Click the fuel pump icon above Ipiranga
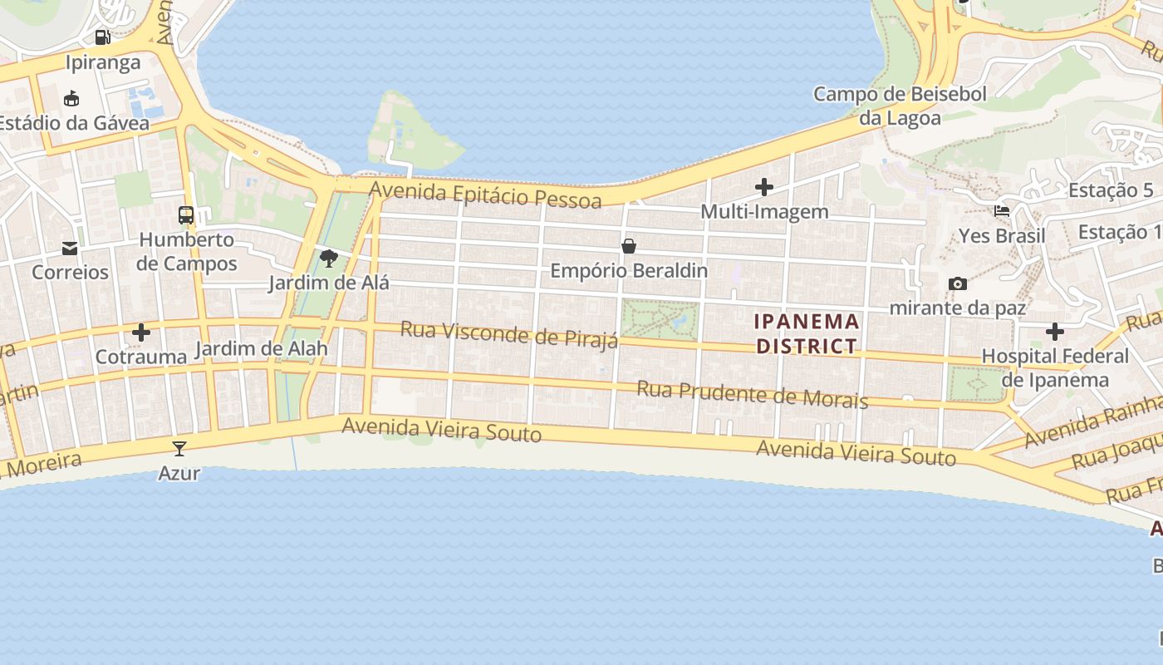pos(103,37)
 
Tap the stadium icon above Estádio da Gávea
pos(71,98)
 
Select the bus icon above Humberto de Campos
pos(186,215)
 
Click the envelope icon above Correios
pos(70,248)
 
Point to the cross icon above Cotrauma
pos(141,332)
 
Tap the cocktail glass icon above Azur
pos(179,449)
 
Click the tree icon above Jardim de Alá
pos(329,258)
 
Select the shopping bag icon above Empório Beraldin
pos(629,246)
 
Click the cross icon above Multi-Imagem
pos(764,187)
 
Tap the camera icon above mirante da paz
pos(957,283)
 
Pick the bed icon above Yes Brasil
pos(1002,211)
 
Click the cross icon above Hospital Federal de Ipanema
pos(1055,332)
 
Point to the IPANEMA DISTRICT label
pos(807,333)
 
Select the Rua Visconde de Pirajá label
pos(509,334)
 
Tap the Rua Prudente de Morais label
pos(752,394)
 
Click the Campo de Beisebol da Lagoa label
pos(900,106)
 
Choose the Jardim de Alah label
pos(261,349)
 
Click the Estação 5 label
pos(1111,190)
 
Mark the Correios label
pos(70,272)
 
